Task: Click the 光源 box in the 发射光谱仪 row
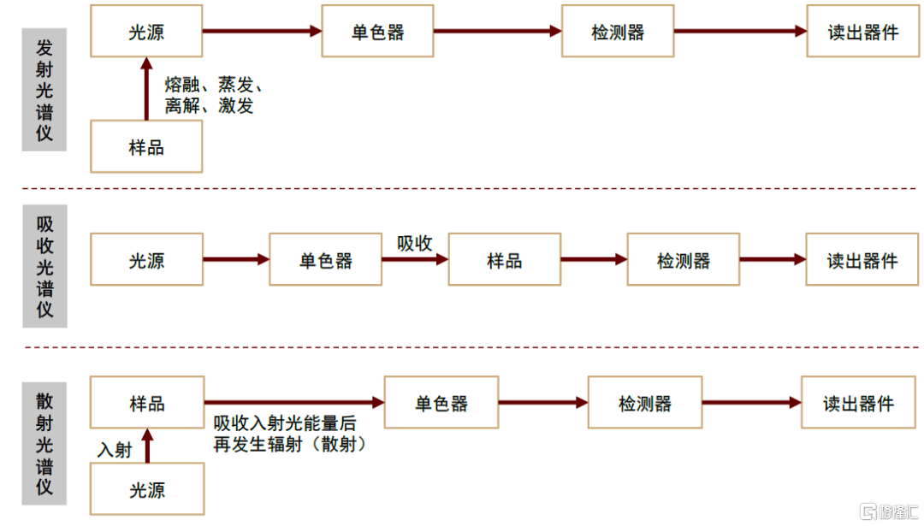click(146, 32)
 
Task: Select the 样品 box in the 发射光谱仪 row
click(146, 147)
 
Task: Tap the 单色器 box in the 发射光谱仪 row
click(377, 32)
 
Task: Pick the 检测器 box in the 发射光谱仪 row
click(618, 32)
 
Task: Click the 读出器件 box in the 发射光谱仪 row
click(862, 32)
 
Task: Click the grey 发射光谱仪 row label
click(44, 90)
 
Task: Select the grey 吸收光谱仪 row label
click(44, 266)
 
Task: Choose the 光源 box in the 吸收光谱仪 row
click(146, 260)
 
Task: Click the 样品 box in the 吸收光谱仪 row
click(504, 260)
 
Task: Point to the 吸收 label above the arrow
click(414, 243)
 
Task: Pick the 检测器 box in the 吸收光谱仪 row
click(683, 260)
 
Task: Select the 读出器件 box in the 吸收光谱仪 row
click(862, 260)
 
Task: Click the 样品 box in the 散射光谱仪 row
click(146, 403)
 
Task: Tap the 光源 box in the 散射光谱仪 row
click(146, 490)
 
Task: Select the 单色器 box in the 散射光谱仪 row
click(441, 403)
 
